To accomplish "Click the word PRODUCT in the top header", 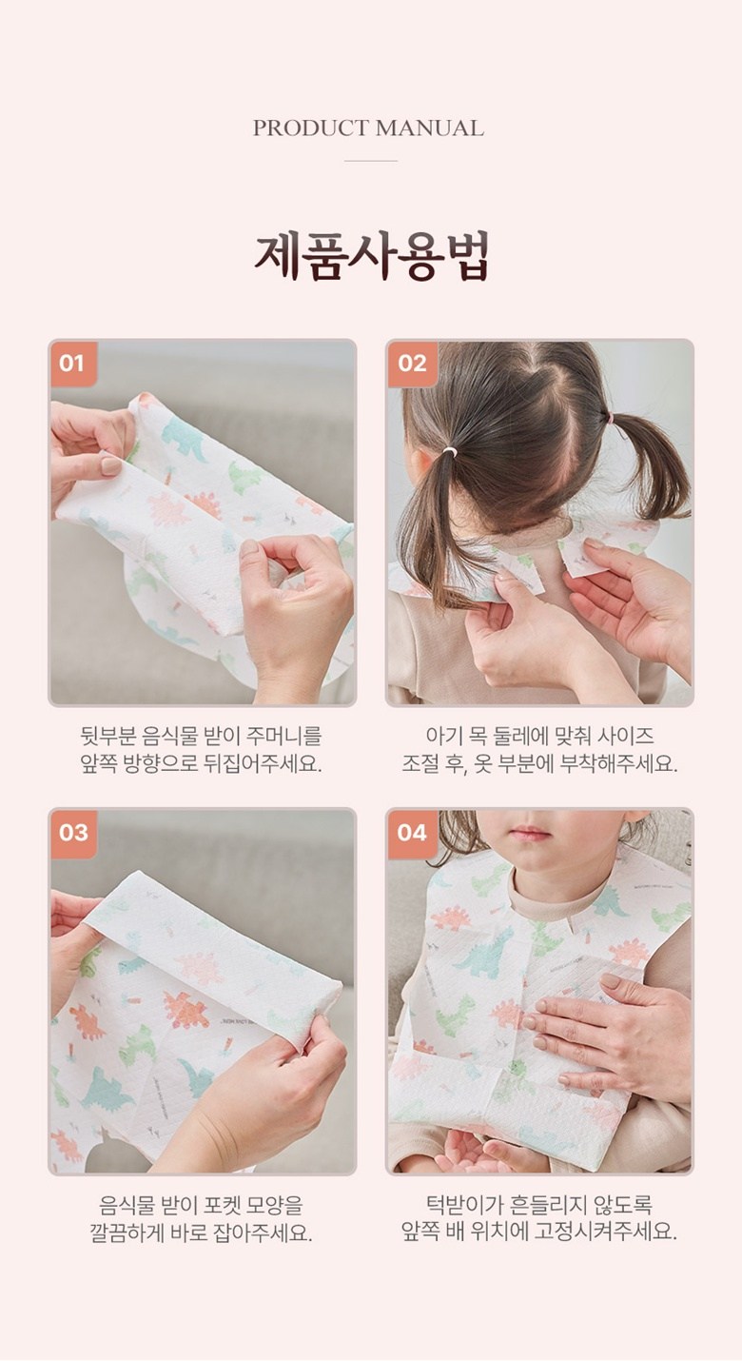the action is click(x=310, y=128).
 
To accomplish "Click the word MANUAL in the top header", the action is click(x=430, y=128).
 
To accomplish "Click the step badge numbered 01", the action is click(x=73, y=364).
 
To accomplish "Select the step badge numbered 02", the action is click(x=412, y=364).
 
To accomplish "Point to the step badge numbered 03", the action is click(x=73, y=833).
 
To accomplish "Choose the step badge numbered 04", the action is click(x=412, y=833).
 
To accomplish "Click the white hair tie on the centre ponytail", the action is click(x=449, y=451).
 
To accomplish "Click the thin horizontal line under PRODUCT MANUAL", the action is click(x=371, y=161).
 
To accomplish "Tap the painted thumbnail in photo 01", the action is click(x=111, y=466).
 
